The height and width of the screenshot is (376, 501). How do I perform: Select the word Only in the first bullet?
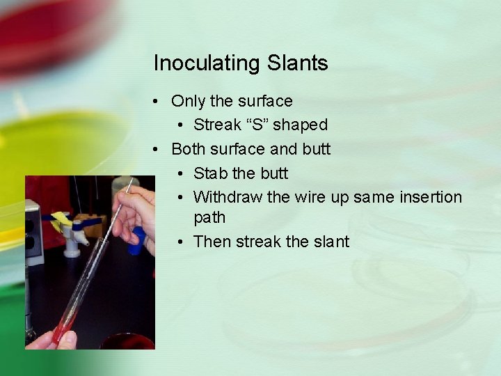click(188, 101)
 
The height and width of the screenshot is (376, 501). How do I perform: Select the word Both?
click(188, 149)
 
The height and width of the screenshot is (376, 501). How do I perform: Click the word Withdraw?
click(228, 197)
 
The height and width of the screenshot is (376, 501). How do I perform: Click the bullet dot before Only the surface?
click(158, 102)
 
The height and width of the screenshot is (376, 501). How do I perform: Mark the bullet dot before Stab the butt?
click(180, 173)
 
